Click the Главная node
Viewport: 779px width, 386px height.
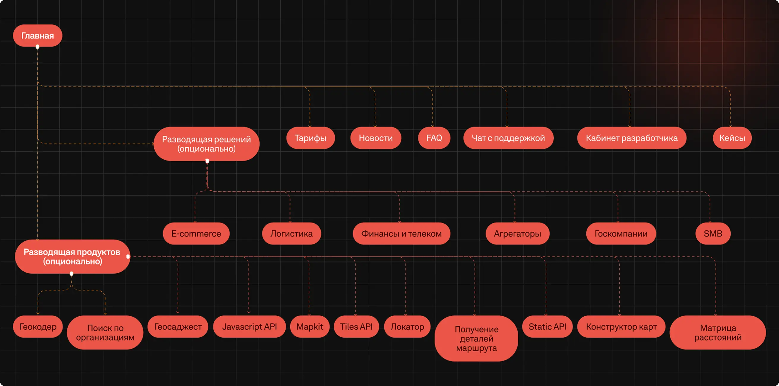tap(37, 36)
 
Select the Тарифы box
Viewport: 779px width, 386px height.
tap(310, 138)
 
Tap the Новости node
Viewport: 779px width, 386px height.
tap(376, 138)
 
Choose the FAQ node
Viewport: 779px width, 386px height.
tap(434, 138)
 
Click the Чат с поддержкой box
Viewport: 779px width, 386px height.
tap(508, 138)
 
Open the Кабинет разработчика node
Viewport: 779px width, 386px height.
tap(631, 138)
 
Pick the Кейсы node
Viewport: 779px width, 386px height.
tap(732, 138)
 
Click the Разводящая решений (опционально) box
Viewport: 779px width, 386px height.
tap(206, 144)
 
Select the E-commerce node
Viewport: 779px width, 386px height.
tap(196, 234)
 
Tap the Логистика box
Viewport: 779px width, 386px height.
tap(291, 234)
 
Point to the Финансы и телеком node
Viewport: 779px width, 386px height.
tap(401, 234)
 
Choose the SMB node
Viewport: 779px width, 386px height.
tap(713, 234)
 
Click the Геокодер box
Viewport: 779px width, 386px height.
tap(38, 326)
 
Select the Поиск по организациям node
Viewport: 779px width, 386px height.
tap(105, 333)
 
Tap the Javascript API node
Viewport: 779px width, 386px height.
tap(249, 326)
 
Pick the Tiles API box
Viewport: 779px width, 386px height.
tap(356, 326)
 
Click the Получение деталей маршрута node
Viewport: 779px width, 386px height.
tap(476, 339)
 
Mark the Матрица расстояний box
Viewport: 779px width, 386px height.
tap(718, 333)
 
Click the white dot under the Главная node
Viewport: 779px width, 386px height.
tap(37, 47)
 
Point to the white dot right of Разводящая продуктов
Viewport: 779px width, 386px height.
tap(128, 256)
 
